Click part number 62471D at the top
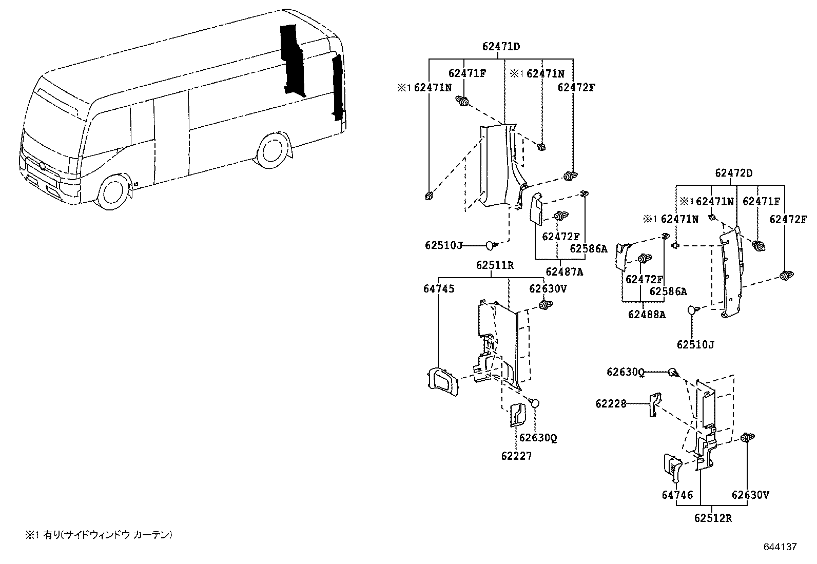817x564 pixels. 501,46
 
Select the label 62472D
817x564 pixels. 734,173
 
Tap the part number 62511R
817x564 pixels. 495,265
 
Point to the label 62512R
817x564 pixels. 713,518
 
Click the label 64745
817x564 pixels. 438,289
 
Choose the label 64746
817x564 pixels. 677,495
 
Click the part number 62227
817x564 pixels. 516,456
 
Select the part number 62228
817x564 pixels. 611,404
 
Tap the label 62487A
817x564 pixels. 564,272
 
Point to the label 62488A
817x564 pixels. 647,314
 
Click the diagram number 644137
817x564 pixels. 780,547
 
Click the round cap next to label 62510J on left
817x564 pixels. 490,245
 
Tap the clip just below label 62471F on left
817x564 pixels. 463,102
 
